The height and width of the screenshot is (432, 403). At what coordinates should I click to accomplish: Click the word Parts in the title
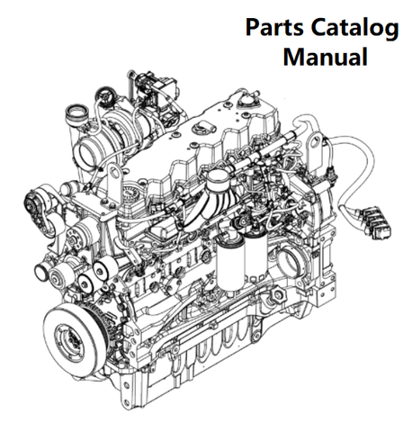(274, 27)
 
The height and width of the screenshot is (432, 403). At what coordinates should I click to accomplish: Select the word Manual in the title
(326, 56)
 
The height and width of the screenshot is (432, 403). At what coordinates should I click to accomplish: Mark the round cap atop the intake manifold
(217, 177)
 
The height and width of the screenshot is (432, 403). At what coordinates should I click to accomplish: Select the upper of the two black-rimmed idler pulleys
(103, 267)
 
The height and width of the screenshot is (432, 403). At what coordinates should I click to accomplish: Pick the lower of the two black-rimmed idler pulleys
(86, 283)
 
